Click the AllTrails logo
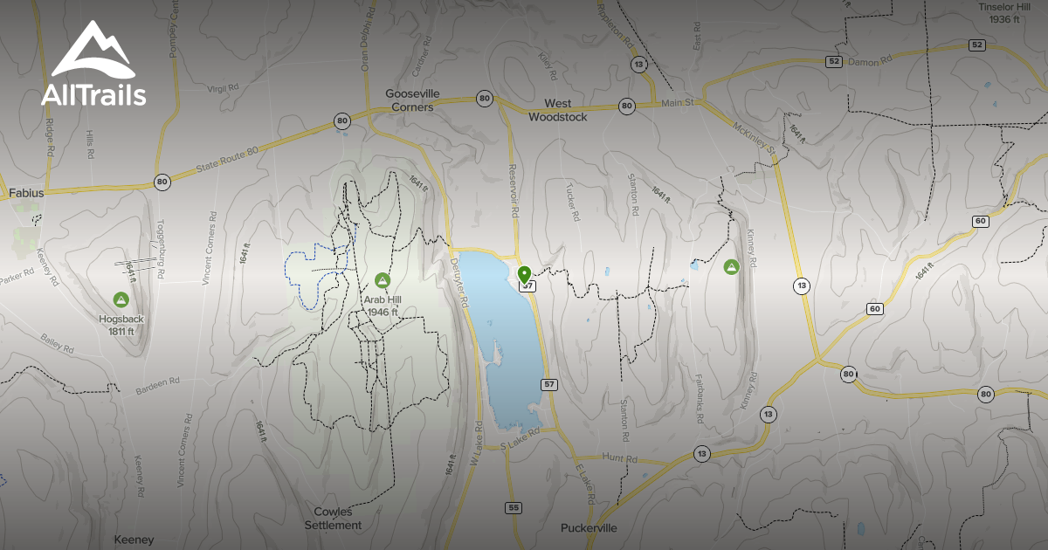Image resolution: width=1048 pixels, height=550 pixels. click(x=93, y=65)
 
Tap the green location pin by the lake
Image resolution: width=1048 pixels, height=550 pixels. click(x=525, y=276)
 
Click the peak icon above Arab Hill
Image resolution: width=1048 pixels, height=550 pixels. click(x=382, y=280)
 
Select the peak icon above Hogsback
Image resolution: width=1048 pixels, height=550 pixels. click(x=121, y=300)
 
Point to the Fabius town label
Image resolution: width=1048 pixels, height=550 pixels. click(x=26, y=192)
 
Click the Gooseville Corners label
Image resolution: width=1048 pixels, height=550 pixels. click(x=412, y=100)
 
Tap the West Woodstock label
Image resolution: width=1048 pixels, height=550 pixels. click(x=558, y=110)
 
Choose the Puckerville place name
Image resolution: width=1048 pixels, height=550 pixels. click(x=588, y=528)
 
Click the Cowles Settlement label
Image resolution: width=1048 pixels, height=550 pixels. click(x=333, y=519)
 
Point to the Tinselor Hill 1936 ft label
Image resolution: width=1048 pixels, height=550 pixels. click(x=1005, y=12)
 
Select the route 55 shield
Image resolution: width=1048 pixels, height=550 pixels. click(x=513, y=508)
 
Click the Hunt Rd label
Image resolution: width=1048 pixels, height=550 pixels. click(x=620, y=458)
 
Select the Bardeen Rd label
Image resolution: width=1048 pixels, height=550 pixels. click(x=157, y=385)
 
